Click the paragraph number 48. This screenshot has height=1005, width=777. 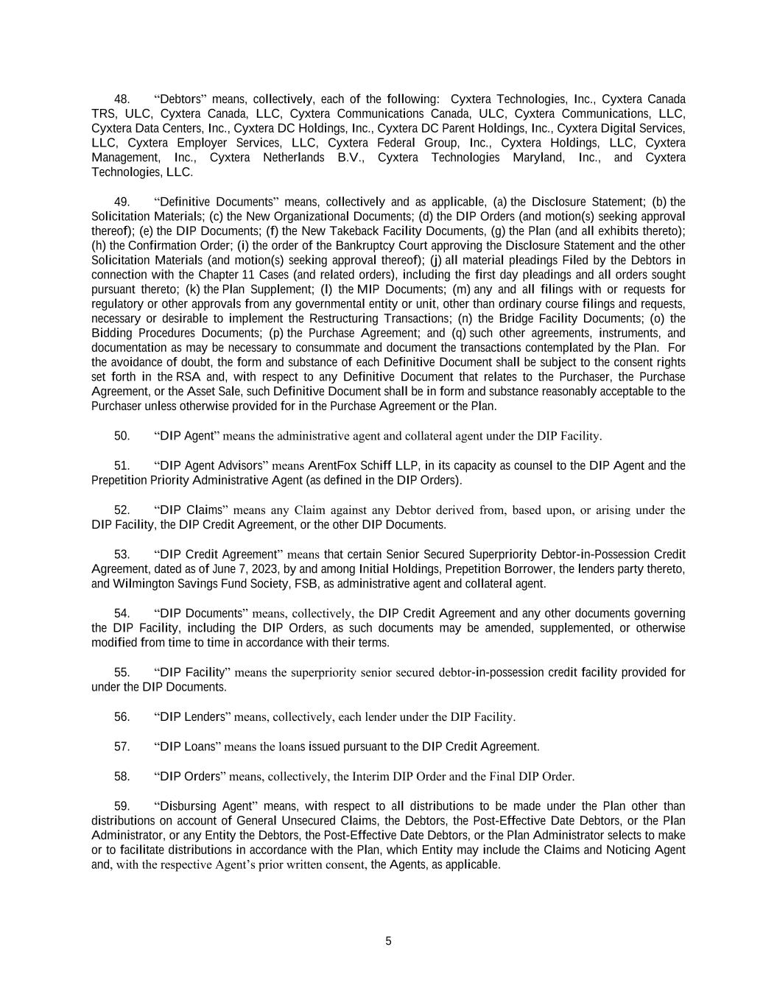click(x=122, y=99)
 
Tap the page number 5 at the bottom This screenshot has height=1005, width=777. click(x=388, y=941)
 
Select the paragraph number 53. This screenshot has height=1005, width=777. click(x=122, y=554)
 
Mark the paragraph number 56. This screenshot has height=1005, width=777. click(x=122, y=717)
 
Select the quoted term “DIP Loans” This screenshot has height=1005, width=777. click(x=187, y=747)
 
